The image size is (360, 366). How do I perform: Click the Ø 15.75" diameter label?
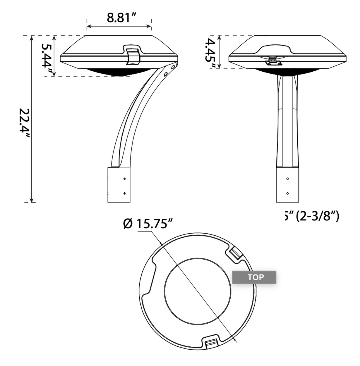coord(148,225)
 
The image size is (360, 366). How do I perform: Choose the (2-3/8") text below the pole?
coord(318,217)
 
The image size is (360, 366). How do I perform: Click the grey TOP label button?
coord(254,277)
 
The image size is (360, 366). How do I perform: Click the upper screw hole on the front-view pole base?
coord(288,179)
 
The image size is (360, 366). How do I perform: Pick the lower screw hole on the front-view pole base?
coord(288,193)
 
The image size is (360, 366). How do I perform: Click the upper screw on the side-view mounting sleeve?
coord(125,179)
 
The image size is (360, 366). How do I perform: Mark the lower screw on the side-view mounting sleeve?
coord(125,194)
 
